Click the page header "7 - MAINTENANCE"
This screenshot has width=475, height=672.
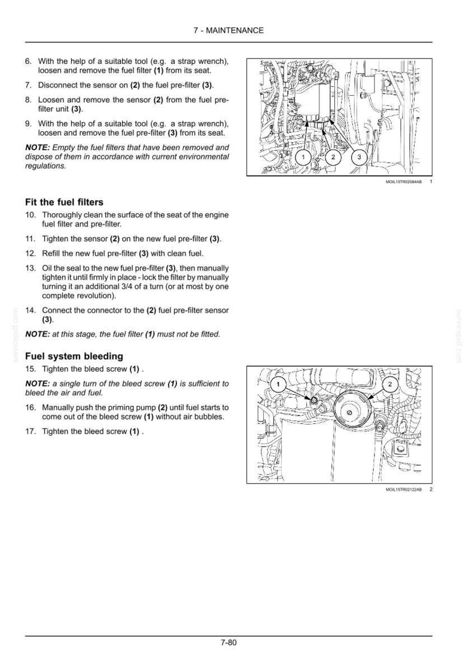(229, 30)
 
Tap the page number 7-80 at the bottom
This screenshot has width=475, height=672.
(229, 642)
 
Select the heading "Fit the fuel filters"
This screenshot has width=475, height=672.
(64, 202)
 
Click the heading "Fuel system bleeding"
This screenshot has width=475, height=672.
(74, 356)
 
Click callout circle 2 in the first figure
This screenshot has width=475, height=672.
(333, 157)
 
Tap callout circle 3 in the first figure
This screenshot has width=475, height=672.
(360, 157)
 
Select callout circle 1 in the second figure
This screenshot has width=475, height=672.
(278, 384)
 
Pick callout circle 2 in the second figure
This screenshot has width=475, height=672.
(389, 384)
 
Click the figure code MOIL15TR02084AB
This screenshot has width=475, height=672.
(404, 182)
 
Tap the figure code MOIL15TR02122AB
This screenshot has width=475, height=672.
(404, 489)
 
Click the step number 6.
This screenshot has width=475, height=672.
(28, 62)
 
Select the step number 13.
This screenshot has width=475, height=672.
(31, 268)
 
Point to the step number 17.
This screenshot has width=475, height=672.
(31, 432)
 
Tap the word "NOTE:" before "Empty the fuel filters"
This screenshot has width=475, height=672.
(38, 148)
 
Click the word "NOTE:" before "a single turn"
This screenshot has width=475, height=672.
(38, 384)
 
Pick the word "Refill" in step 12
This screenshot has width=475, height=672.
(51, 253)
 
